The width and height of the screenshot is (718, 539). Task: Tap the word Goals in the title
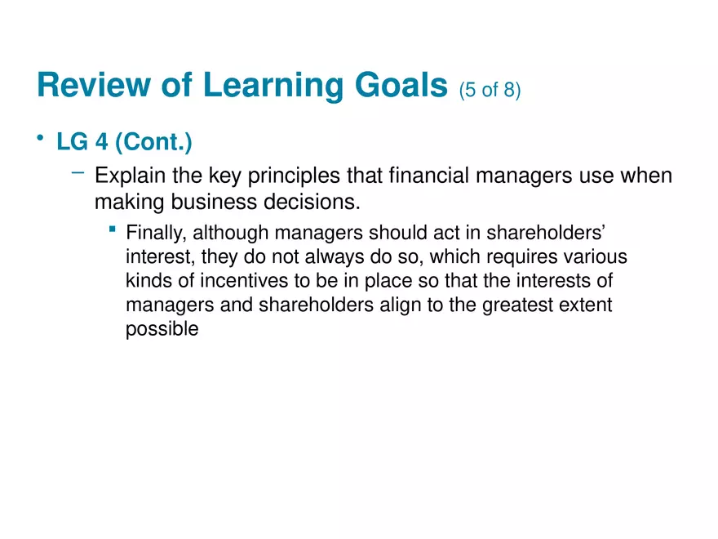397,86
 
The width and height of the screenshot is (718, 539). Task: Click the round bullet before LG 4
40,140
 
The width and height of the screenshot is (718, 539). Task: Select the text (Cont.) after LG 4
153,144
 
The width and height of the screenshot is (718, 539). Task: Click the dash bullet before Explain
78,172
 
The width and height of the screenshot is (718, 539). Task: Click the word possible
162,331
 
